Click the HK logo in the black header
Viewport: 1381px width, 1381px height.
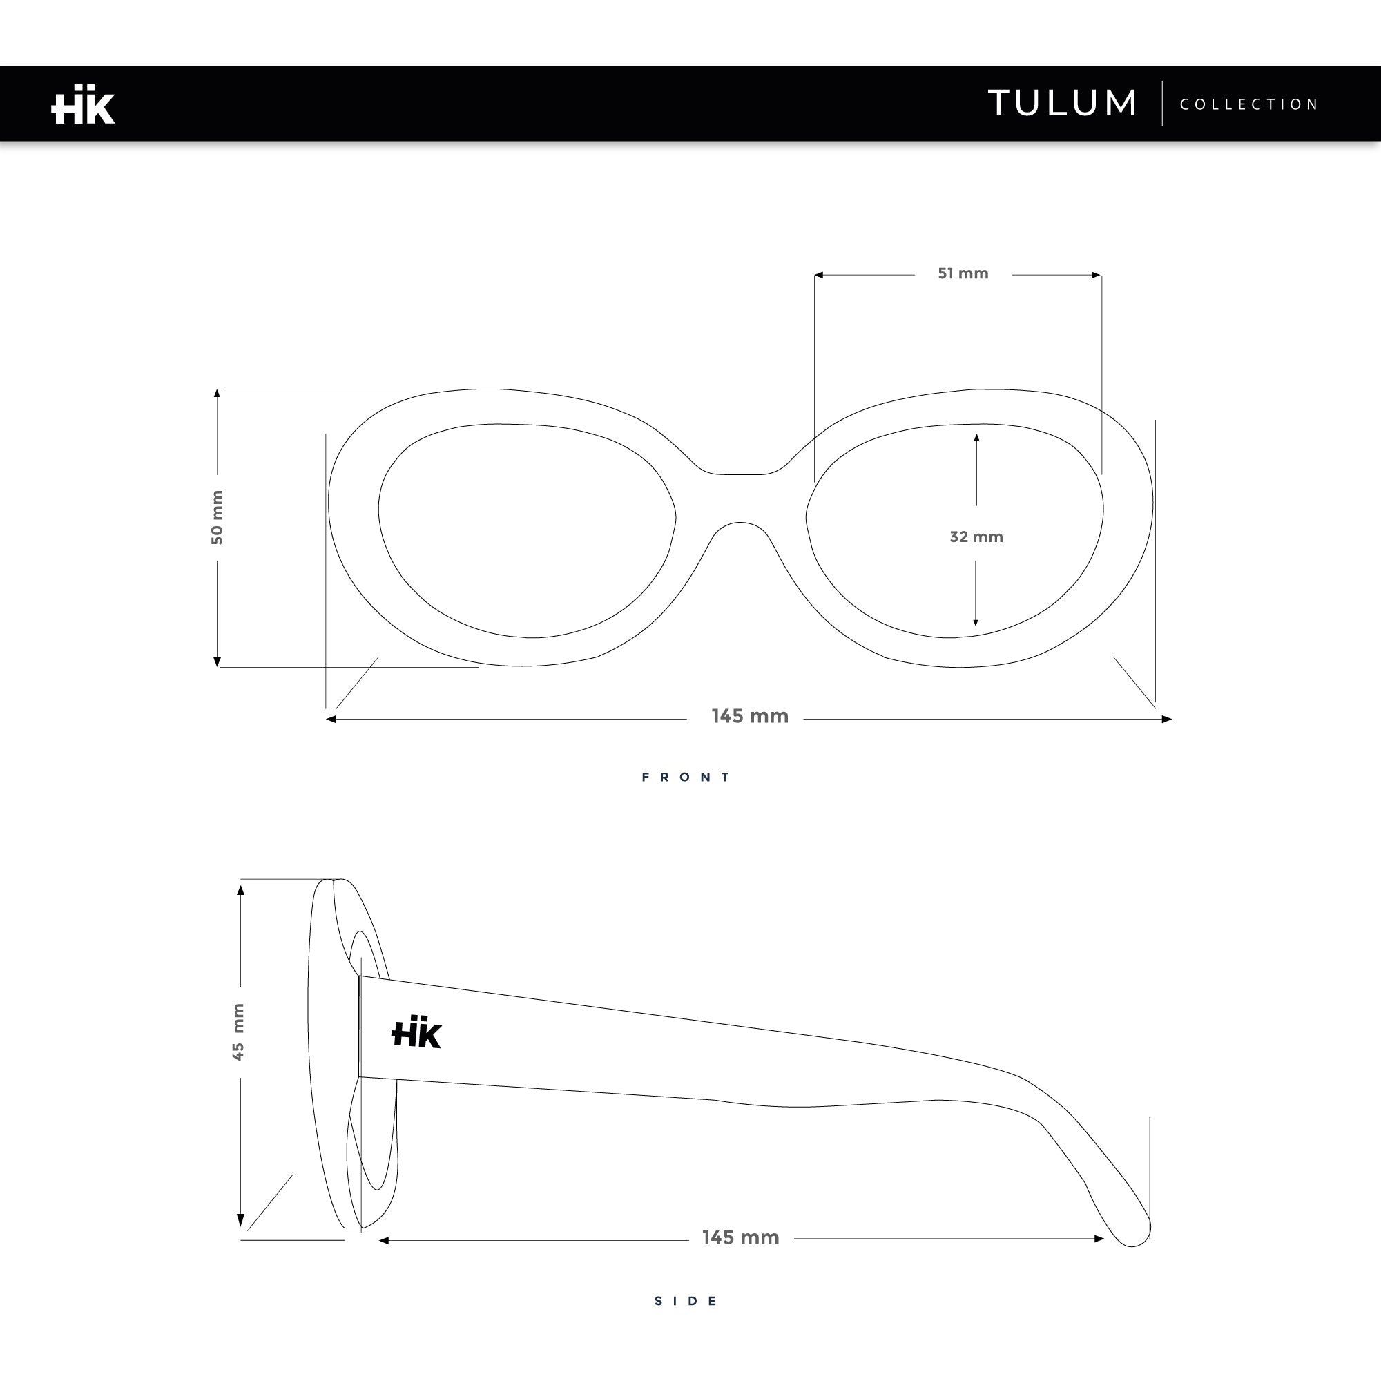coord(83,104)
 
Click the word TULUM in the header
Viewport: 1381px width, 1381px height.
coord(1062,103)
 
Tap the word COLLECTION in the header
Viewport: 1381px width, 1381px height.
coord(1248,104)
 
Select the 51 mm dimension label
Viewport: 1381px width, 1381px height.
coord(963,273)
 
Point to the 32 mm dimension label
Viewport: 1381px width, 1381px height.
coord(976,536)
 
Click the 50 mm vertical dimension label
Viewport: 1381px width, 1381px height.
coord(218,516)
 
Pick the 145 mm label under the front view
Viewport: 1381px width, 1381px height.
coord(750,715)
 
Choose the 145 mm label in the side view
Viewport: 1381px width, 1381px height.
coord(740,1237)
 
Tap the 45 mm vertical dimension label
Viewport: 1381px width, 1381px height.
coord(238,1032)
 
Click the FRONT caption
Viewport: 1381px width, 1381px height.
coord(686,777)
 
